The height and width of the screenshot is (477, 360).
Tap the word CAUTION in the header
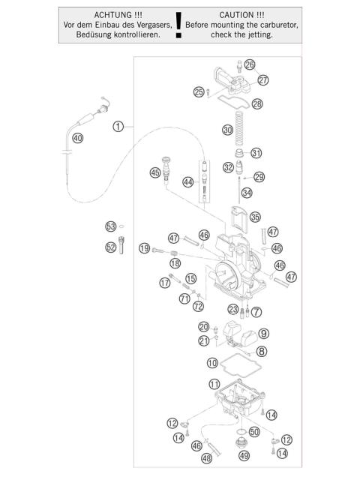241,15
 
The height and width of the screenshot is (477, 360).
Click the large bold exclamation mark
178,26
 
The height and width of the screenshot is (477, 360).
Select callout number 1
118,126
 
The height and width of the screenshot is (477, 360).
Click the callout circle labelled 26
249,64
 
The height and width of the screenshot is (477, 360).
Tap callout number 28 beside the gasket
257,104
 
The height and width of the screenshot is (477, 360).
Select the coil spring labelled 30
233,121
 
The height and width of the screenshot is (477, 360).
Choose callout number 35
255,217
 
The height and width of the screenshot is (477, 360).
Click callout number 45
155,172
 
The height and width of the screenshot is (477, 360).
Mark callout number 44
187,182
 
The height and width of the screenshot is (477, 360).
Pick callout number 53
110,226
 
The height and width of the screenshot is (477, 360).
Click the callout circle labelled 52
110,246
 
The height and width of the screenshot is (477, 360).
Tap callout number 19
144,248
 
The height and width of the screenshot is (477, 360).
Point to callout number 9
263,333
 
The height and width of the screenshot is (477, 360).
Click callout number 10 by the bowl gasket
213,363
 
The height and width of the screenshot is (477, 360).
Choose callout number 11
214,384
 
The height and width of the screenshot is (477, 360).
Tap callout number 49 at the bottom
243,455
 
